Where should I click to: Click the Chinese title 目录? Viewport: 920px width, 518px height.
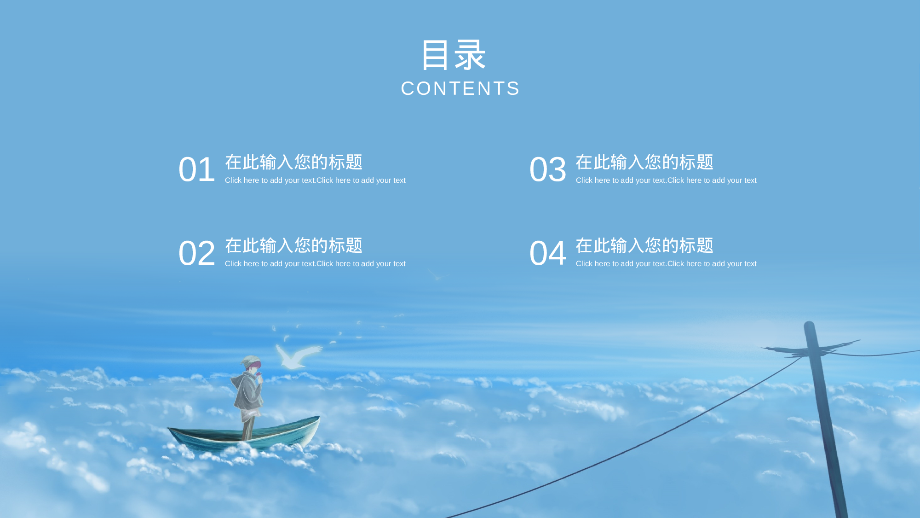454,55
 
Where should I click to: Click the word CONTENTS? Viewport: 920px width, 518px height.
460,88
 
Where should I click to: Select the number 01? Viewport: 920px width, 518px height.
196,169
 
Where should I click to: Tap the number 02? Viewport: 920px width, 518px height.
196,253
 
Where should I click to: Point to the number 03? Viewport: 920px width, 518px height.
547,169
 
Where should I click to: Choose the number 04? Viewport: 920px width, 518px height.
547,253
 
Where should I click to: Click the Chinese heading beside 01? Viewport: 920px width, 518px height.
293,162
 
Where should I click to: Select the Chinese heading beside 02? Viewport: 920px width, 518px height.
293,245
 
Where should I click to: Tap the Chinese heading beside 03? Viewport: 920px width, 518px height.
644,162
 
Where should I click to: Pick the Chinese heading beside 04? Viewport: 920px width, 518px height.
644,245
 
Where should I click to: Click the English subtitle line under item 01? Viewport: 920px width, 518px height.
315,180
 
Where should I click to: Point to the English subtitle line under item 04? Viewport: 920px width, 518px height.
666,264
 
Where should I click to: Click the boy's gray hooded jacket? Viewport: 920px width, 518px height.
248,391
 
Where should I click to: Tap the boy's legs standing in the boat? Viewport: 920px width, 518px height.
248,426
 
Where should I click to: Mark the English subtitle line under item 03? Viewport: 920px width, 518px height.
666,180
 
